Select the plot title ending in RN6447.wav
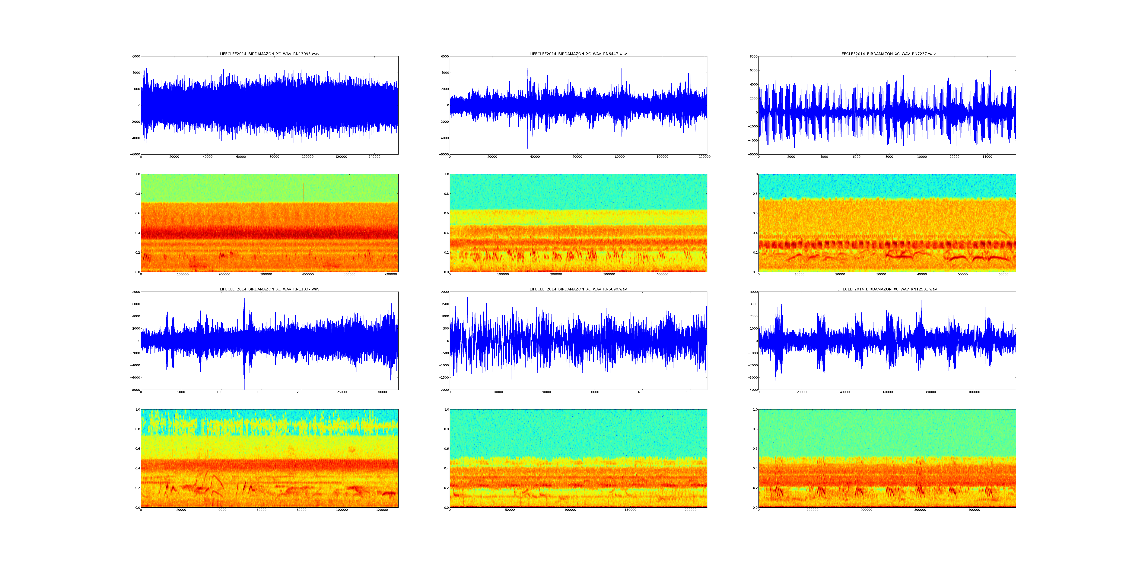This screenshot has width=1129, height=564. tap(578, 54)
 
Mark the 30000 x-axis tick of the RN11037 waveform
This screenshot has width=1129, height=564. tap(382, 392)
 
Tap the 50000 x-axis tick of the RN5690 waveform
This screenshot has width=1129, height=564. tap(690, 392)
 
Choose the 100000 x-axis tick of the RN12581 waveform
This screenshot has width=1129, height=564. tap(974, 392)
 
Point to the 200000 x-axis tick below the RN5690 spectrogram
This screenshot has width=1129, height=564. tap(690, 510)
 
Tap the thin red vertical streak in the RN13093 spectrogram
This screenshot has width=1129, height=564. tap(303, 193)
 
